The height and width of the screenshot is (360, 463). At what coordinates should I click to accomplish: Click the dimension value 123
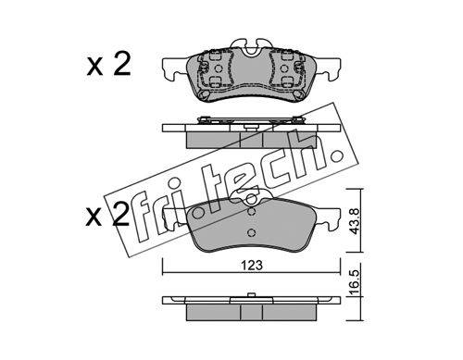tap(252, 265)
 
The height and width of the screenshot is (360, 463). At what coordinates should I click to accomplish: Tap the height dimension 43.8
tap(355, 221)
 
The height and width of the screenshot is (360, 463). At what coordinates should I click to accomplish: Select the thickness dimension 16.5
tap(355, 282)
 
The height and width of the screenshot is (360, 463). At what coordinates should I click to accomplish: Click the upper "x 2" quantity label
tap(108, 65)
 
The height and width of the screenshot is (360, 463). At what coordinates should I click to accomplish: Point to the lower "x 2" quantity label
tap(107, 215)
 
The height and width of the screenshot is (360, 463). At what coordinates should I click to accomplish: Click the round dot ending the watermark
tap(335, 156)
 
